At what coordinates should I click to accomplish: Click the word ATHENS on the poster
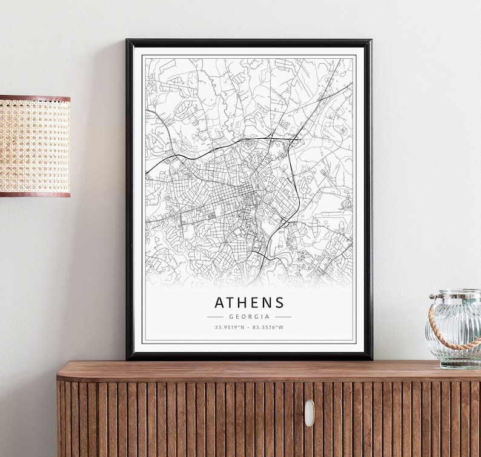(x=249, y=302)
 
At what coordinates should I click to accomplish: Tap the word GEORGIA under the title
(x=249, y=316)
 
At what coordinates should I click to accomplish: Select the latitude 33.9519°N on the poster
(x=229, y=327)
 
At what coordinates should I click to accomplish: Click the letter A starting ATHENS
(x=219, y=302)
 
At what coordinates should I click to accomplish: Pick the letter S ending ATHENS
(x=279, y=302)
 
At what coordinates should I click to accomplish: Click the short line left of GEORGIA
(x=215, y=316)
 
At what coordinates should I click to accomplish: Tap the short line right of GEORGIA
(x=283, y=316)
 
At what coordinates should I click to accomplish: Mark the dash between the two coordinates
(x=249, y=327)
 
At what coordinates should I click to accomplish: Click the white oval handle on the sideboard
(x=309, y=413)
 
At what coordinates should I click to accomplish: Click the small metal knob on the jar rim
(x=433, y=297)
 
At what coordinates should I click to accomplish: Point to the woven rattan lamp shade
(x=35, y=145)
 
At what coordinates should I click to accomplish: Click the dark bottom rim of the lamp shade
(x=35, y=193)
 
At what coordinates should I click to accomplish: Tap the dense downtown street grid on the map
(x=233, y=194)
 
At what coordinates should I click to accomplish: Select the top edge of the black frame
(x=249, y=42)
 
